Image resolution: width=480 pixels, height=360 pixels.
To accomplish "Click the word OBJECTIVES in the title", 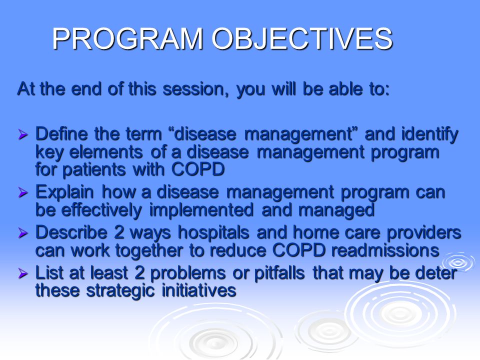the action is (x=302, y=38).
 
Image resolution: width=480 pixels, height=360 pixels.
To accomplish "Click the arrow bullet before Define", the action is (x=23, y=134).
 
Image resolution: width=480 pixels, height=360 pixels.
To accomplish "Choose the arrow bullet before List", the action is (x=23, y=273).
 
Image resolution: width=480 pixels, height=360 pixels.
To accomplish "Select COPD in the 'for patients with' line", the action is (x=198, y=169).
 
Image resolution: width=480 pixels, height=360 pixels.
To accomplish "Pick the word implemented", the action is (x=201, y=210).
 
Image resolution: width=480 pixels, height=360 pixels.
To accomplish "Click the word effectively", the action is (x=101, y=210).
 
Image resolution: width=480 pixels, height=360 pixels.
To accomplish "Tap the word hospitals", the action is (x=213, y=233).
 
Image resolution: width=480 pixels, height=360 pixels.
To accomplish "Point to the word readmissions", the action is (x=385, y=250).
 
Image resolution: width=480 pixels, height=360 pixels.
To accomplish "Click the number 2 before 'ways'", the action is (x=119, y=232).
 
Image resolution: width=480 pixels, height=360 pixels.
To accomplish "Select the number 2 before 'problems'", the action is (x=139, y=273).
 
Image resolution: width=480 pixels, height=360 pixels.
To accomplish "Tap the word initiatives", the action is (x=199, y=290).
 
